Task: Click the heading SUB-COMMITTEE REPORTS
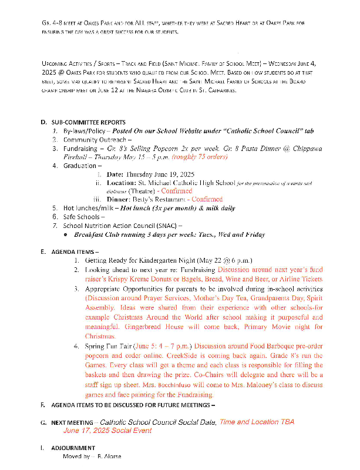pyautogui.click(x=88, y=122)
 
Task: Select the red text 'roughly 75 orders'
pyautogui.click(x=200, y=157)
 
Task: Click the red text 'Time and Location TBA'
pyautogui.click(x=257, y=422)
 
